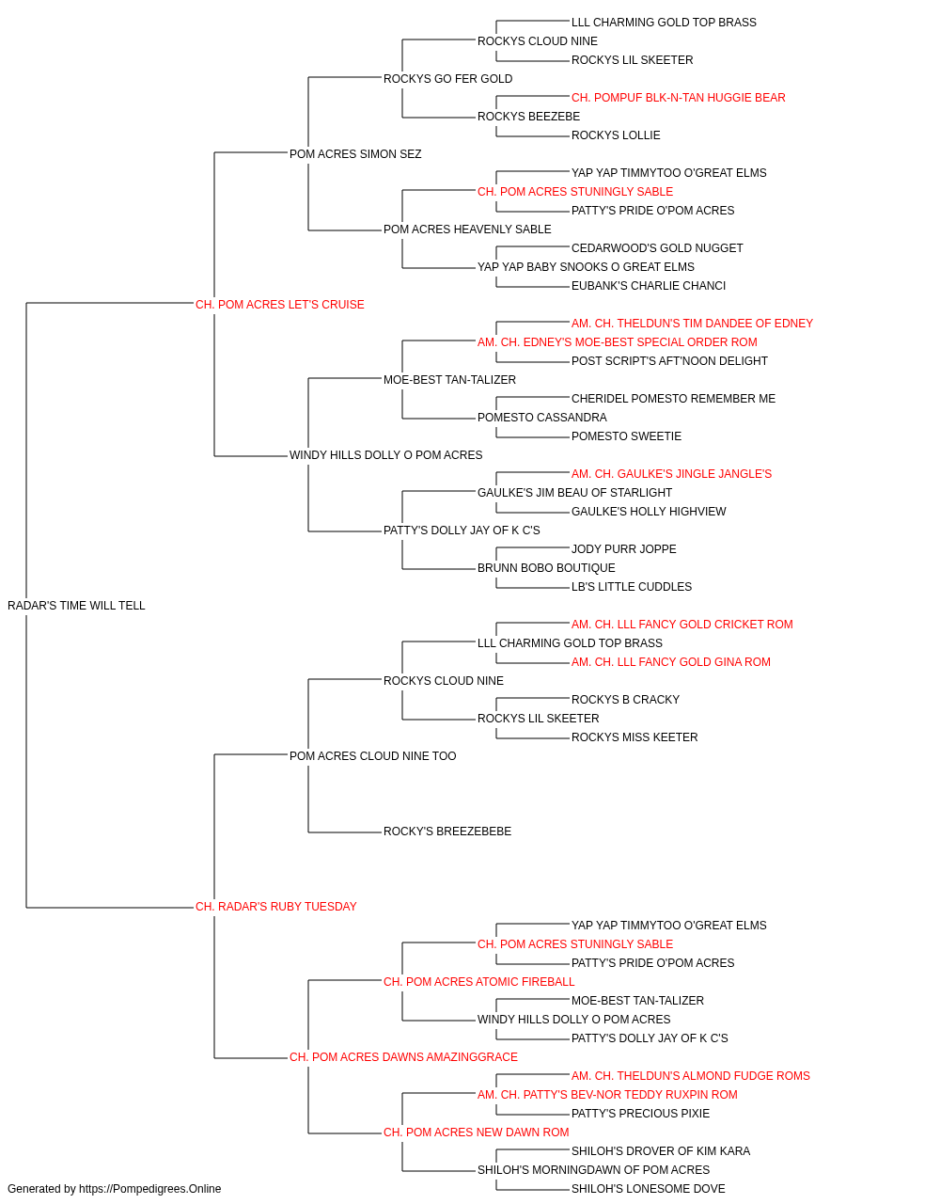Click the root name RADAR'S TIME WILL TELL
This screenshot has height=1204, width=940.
pyautogui.click(x=76, y=606)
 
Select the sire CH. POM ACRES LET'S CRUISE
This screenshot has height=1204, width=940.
pyautogui.click(x=279, y=305)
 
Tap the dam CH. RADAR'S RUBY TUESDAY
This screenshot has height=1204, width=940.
pyautogui.click(x=275, y=907)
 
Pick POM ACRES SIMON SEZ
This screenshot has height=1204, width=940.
pyautogui.click(x=355, y=154)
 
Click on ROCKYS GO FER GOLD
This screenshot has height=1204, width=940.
pyautogui.click(x=447, y=79)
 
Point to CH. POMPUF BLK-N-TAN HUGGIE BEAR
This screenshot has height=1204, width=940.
pyautogui.click(x=678, y=98)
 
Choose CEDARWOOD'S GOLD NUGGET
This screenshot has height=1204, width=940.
pyautogui.click(x=657, y=248)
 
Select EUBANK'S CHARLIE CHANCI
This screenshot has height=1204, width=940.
pyautogui.click(x=649, y=286)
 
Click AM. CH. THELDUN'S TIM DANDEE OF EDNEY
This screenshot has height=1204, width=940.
pyautogui.click(x=692, y=324)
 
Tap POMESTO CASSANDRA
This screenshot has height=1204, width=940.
pyautogui.click(x=542, y=418)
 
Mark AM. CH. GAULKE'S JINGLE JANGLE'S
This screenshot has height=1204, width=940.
pyautogui.click(x=671, y=474)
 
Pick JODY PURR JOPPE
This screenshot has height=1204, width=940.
pyautogui.click(x=624, y=549)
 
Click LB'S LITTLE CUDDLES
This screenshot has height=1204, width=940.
pyautogui.click(x=632, y=587)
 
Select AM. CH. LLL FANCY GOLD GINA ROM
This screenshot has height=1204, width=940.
pyautogui.click(x=671, y=662)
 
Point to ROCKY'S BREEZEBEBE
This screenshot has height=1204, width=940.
pyautogui.click(x=447, y=832)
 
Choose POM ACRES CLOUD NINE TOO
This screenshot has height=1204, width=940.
pyautogui.click(x=372, y=755)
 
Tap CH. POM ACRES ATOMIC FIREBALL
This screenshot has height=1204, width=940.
pyautogui.click(x=478, y=982)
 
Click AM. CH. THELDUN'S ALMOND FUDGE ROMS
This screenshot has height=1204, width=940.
pyautogui.click(x=690, y=1076)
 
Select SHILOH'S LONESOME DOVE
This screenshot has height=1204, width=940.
pyautogui.click(x=649, y=1189)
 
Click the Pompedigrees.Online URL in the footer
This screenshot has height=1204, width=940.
pyautogui.click(x=149, y=1189)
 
